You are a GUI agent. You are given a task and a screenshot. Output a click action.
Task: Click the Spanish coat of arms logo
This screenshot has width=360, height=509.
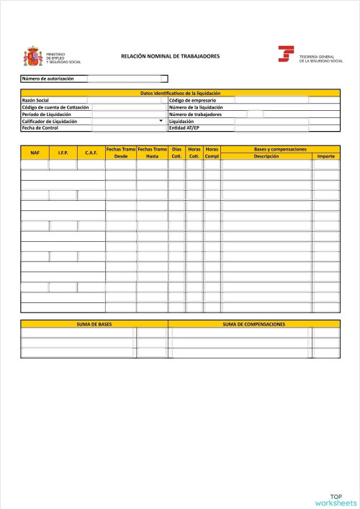(34, 56)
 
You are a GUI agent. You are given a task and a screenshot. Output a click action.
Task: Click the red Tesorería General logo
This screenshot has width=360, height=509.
(286, 54)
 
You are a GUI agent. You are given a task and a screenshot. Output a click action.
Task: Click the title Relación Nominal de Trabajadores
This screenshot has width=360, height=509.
(171, 55)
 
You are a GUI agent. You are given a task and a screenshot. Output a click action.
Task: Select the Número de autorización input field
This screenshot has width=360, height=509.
(127, 78)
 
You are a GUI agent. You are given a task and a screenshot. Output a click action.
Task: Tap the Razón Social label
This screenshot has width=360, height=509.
(36, 100)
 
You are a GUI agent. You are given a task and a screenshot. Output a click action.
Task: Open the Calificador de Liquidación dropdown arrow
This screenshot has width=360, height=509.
(161, 121)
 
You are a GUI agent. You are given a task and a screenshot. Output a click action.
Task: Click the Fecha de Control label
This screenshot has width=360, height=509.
(40, 128)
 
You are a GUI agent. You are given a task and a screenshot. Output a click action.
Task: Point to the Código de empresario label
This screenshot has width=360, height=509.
(192, 100)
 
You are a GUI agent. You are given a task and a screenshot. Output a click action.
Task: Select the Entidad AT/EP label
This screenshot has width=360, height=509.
(184, 128)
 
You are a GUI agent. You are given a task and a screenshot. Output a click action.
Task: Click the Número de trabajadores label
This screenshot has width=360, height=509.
(195, 114)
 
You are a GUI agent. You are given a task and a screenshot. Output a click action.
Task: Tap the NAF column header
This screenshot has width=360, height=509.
(35, 153)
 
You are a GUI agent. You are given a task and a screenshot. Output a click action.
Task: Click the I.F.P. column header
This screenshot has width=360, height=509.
(63, 153)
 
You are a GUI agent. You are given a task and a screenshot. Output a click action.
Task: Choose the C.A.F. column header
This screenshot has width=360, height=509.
(91, 153)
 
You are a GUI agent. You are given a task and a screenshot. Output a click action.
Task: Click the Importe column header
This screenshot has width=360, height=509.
(326, 156)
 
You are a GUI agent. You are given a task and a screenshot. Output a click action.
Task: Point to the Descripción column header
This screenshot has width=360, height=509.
(266, 156)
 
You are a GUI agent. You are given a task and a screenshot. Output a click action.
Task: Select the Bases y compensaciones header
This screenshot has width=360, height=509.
(280, 149)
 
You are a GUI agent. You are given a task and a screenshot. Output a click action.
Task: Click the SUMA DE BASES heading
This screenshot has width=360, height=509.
(94, 325)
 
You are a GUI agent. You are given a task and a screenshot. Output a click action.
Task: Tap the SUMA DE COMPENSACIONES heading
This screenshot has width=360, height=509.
(253, 325)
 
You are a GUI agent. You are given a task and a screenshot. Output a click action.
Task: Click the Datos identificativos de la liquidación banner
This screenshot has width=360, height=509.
(180, 93)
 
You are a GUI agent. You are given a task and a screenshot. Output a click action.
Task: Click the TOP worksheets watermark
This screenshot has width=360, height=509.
(336, 500)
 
